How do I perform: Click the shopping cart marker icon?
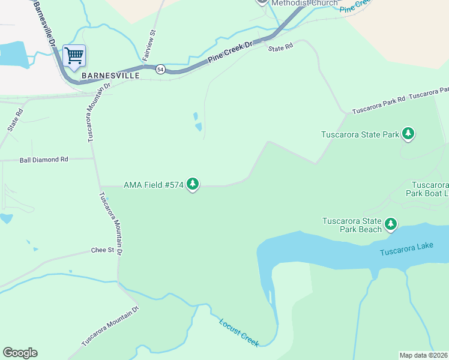tap(74, 56)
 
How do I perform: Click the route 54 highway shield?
tap(160, 69)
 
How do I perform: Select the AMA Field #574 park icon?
tap(193, 184)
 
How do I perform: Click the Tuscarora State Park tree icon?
tap(408, 134)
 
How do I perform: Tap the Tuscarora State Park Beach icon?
tap(391, 224)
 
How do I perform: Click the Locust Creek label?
tap(238, 331)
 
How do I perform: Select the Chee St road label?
tap(102, 250)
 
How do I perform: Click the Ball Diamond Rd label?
tap(44, 160)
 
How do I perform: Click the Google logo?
tap(20, 353)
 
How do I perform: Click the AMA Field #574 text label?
tap(153, 185)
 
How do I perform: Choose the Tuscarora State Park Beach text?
tap(352, 225)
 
